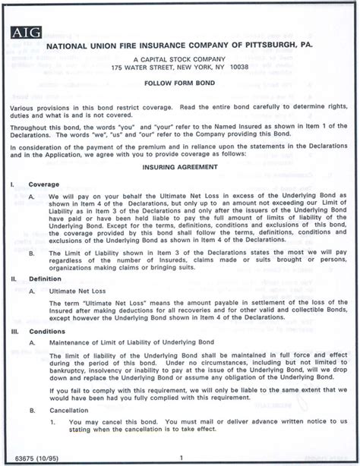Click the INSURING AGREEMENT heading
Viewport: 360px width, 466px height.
178,165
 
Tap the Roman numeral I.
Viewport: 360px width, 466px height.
11,184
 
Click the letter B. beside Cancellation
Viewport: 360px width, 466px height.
32,410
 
